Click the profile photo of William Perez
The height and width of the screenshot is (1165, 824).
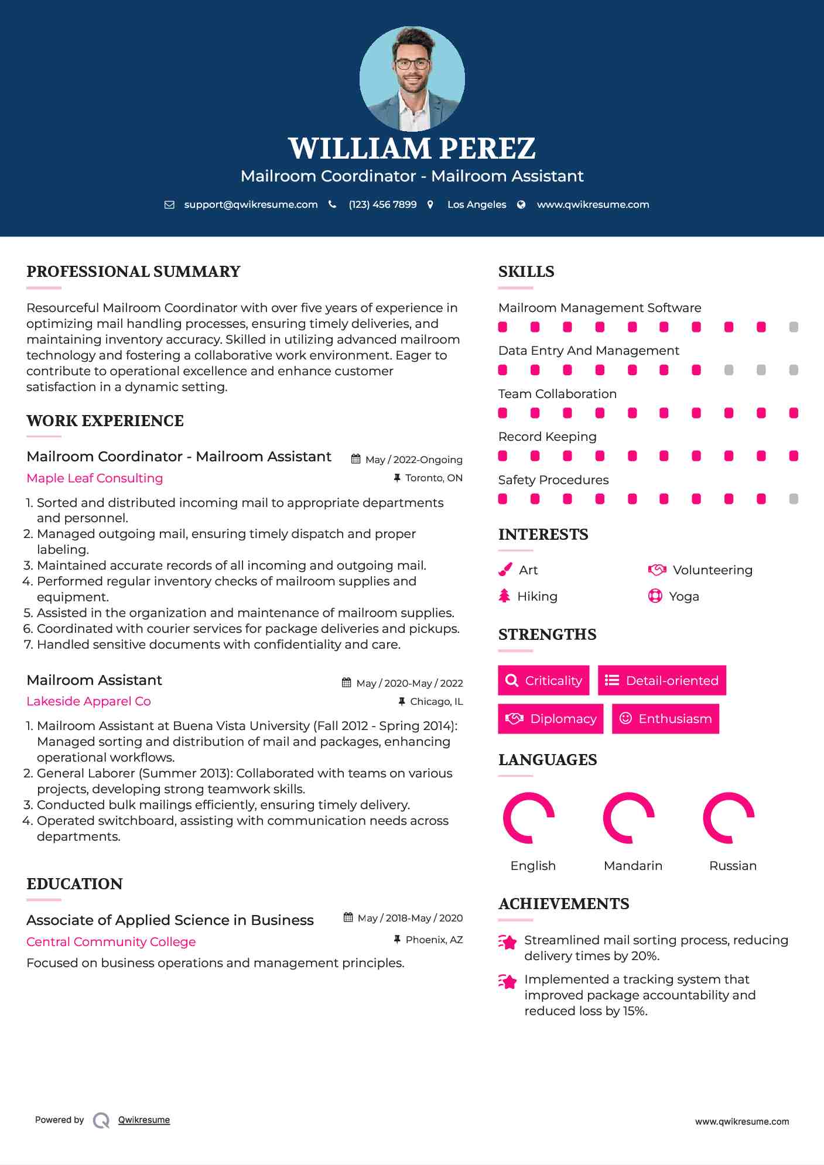tap(412, 78)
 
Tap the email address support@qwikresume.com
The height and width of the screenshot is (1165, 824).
tap(251, 204)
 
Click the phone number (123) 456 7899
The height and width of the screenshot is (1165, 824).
tap(382, 204)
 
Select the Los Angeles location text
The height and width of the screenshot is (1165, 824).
tap(477, 204)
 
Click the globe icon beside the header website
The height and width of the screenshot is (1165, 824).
tap(521, 204)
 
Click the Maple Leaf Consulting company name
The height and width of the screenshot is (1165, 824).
tap(95, 478)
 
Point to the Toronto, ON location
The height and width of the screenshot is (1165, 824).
tap(433, 478)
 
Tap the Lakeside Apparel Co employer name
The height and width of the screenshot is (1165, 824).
tap(88, 701)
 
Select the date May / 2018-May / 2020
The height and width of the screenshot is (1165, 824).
tap(410, 918)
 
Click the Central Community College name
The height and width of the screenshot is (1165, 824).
tap(111, 941)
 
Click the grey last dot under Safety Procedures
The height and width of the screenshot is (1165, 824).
tap(794, 499)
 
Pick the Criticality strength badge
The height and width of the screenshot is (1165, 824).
tap(543, 680)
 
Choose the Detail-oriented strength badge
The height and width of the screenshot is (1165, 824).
tap(662, 680)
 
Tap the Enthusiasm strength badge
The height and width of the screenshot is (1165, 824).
tap(665, 718)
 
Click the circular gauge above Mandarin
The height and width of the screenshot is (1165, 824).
tap(628, 818)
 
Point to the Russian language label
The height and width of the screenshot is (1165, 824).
tap(733, 865)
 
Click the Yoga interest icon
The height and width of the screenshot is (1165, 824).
tap(655, 596)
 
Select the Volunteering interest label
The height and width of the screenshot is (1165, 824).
tap(712, 570)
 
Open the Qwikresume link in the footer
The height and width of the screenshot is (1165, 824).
tap(144, 1119)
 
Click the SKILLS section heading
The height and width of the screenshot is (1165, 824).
tap(526, 272)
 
